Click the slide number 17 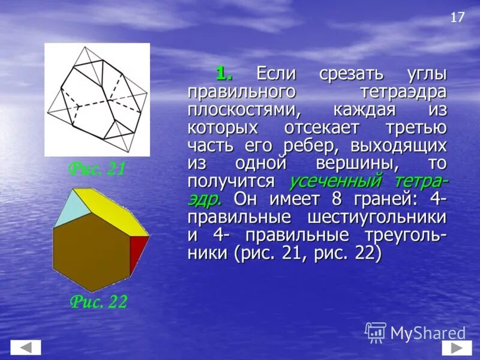coord(457,17)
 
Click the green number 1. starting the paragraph coord(224,74)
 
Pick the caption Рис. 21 coord(97,169)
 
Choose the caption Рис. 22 coord(98,301)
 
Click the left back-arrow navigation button coord(26,347)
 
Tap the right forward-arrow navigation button coord(457,347)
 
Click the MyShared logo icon coord(376,332)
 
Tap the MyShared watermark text coord(428,333)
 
